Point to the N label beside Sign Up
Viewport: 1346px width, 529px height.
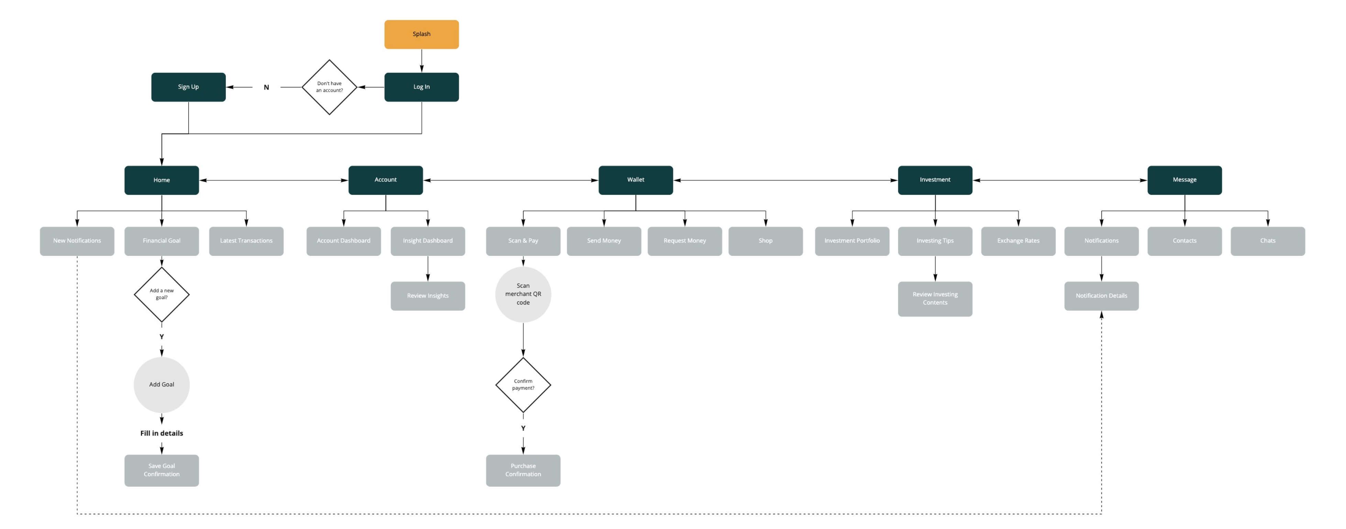pyautogui.click(x=266, y=87)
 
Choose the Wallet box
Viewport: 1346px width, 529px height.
pyautogui.click(x=636, y=180)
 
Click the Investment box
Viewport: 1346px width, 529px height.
pyautogui.click(x=935, y=180)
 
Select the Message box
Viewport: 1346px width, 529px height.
pyautogui.click(x=1184, y=180)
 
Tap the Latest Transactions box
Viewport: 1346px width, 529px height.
pyautogui.click(x=246, y=241)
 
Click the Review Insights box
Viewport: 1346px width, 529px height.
pyautogui.click(x=428, y=295)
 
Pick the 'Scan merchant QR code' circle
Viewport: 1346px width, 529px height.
pyautogui.click(x=523, y=294)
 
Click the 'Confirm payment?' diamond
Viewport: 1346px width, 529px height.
pyautogui.click(x=523, y=384)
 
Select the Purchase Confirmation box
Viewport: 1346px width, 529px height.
pyautogui.click(x=523, y=470)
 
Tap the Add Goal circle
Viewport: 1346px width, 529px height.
pyautogui.click(x=162, y=384)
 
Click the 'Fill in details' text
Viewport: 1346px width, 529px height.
pyautogui.click(x=162, y=433)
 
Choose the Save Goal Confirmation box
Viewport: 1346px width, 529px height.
pyautogui.click(x=162, y=470)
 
